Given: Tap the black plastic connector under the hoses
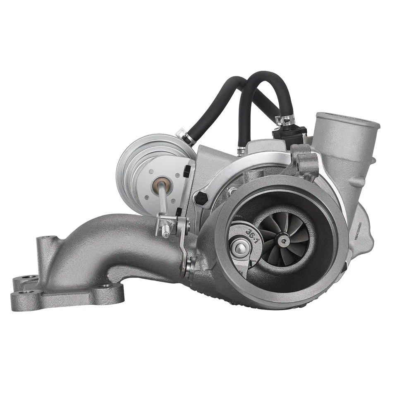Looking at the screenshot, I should (289, 134).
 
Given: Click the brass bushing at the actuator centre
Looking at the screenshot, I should (162, 182).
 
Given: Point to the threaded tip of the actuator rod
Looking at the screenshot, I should (165, 234).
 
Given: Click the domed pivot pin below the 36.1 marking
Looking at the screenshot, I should (238, 248).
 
